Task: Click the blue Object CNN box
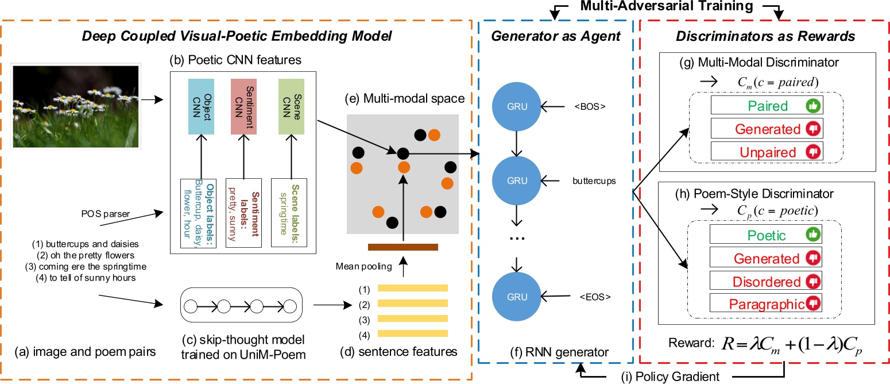click(201, 106)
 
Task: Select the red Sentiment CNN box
click(243, 106)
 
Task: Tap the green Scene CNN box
click(291, 106)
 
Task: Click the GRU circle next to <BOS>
click(517, 107)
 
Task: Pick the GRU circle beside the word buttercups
click(517, 181)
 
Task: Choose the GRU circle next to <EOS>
click(517, 297)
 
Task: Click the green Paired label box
click(767, 105)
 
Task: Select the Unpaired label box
click(767, 152)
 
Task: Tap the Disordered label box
click(765, 281)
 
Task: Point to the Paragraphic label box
click(765, 304)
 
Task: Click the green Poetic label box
click(765, 235)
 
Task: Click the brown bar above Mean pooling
click(403, 247)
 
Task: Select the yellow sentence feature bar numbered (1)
click(413, 288)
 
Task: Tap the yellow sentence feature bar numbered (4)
click(413, 333)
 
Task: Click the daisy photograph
click(76, 106)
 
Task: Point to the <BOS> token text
click(590, 107)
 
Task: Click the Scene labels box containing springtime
click(289, 213)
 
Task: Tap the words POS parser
click(105, 214)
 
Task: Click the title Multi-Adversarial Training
click(667, 6)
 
